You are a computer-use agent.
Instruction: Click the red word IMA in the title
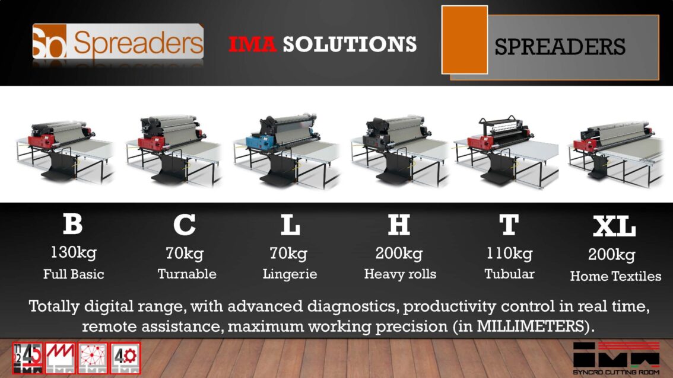point(252,44)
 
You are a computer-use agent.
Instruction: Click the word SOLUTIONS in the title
point(350,44)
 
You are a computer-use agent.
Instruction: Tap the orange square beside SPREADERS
point(465,40)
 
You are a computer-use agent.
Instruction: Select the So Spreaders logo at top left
point(118,41)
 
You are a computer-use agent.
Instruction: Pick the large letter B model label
point(72,224)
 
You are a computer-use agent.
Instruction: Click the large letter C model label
point(185,224)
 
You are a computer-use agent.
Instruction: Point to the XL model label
point(614,226)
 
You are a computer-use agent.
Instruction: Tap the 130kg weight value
point(74,253)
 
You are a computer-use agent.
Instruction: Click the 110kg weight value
point(509,254)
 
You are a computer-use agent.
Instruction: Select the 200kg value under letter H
point(399,254)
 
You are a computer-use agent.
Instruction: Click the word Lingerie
point(290,274)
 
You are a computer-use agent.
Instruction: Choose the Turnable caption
point(187,274)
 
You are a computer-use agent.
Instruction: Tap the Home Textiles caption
point(615,276)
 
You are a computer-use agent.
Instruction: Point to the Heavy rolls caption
point(400,274)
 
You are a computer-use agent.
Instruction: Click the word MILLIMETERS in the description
point(530,326)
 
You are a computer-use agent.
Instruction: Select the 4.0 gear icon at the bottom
point(125,358)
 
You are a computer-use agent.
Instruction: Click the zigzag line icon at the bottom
point(60,358)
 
